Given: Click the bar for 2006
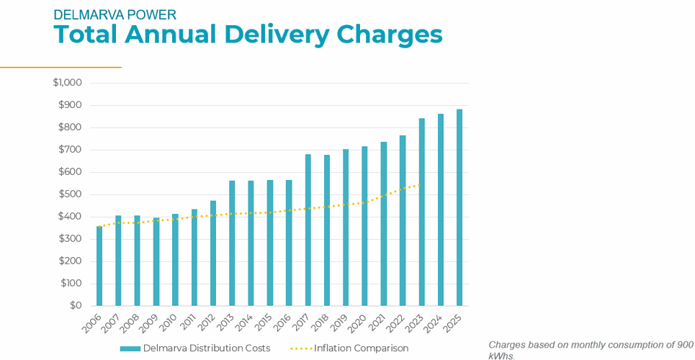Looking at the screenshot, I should pos(99,266).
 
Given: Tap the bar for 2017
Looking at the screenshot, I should pos(308,230).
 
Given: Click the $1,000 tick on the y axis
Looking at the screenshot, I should pos(67,83).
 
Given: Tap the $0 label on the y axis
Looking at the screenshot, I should pos(76,305).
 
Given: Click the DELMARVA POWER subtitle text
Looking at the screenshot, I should pos(115,14).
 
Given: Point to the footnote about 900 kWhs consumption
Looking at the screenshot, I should pos(591,350).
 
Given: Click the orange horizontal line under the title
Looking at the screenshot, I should pos(60,67).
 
